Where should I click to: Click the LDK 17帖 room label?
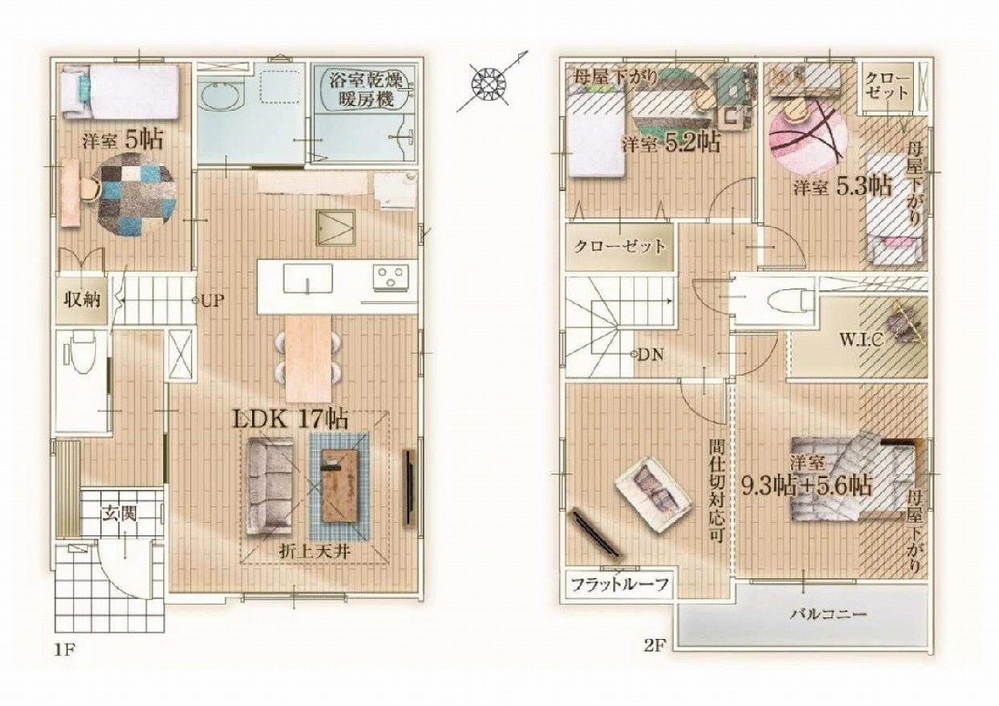[291, 420]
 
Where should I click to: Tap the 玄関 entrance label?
[119, 515]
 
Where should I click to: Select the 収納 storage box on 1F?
[82, 300]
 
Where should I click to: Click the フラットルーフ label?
[620, 584]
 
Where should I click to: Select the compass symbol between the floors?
[489, 83]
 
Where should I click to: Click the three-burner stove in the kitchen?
[392, 276]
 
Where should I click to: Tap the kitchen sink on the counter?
[308, 279]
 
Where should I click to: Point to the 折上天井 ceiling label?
[315, 554]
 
